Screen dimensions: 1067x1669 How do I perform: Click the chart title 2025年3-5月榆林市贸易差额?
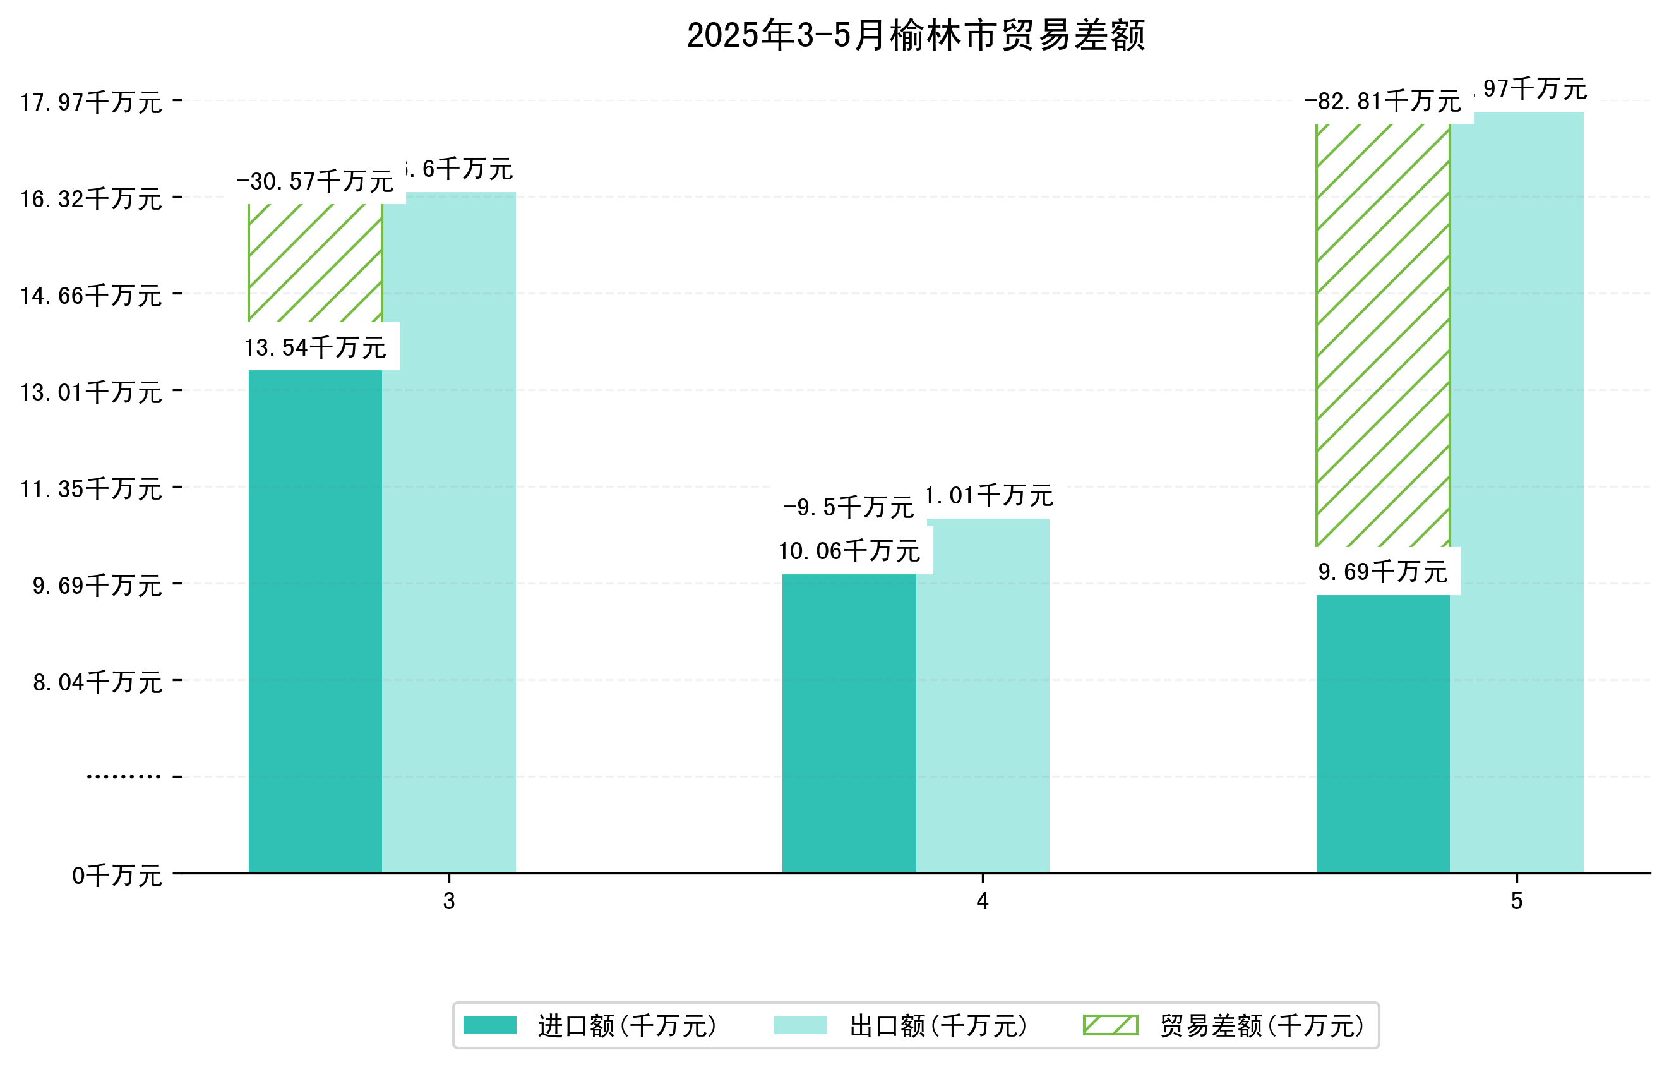(x=916, y=35)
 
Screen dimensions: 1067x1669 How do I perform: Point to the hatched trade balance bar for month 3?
(x=315, y=263)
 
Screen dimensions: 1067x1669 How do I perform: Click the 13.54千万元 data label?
(x=315, y=347)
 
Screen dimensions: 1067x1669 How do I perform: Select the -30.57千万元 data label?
(x=315, y=182)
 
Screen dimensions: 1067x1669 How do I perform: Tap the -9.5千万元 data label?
(x=849, y=507)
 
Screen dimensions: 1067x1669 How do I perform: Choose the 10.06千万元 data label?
(x=849, y=551)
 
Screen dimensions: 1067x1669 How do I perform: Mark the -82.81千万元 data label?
(x=1383, y=102)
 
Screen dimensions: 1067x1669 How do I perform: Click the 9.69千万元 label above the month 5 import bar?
(x=1383, y=572)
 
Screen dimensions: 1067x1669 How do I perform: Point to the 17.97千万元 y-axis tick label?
(x=91, y=102)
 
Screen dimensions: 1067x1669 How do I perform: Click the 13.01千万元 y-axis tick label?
(x=91, y=392)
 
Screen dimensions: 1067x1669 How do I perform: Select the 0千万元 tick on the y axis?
(x=117, y=876)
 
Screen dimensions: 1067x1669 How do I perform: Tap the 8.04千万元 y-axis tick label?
(x=98, y=682)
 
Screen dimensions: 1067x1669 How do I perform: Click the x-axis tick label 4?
(x=982, y=901)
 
